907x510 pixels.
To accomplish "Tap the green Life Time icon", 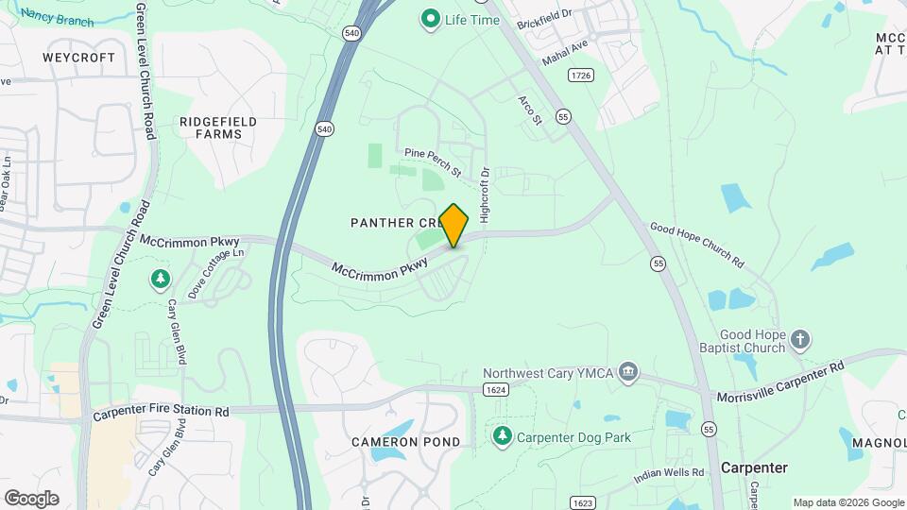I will [431, 18].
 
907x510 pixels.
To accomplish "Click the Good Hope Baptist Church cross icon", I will [800, 340].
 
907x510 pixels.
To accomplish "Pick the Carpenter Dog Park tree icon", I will [502, 436].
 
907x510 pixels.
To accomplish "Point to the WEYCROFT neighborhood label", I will [79, 58].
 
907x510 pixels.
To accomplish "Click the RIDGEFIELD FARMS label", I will [211, 127].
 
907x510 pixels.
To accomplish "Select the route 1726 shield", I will [580, 74].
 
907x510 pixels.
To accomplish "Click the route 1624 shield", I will [496, 389].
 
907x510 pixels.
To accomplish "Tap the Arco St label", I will [530, 109].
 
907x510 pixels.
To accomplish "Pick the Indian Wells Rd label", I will [669, 472].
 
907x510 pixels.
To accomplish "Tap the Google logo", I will [32, 498].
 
